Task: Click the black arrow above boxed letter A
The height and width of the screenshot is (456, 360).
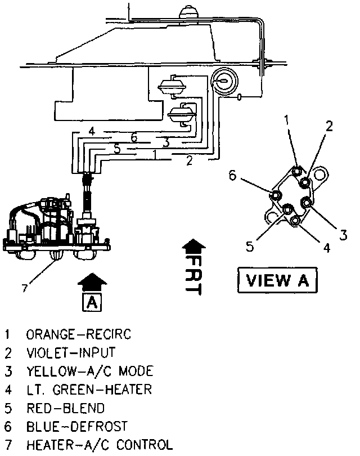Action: coord(93,281)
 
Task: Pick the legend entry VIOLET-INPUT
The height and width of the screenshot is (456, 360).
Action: coord(70,353)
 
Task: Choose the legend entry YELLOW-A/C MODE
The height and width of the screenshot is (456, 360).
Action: coord(89,371)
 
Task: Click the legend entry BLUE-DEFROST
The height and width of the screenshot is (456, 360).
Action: coord(77,426)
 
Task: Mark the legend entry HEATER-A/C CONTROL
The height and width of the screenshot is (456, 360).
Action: coord(99,444)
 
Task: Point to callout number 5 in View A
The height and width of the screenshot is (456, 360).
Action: coord(250,245)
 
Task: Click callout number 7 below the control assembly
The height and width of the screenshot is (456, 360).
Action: coord(24,288)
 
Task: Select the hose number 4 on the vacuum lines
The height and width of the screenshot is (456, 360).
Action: coord(92,132)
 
